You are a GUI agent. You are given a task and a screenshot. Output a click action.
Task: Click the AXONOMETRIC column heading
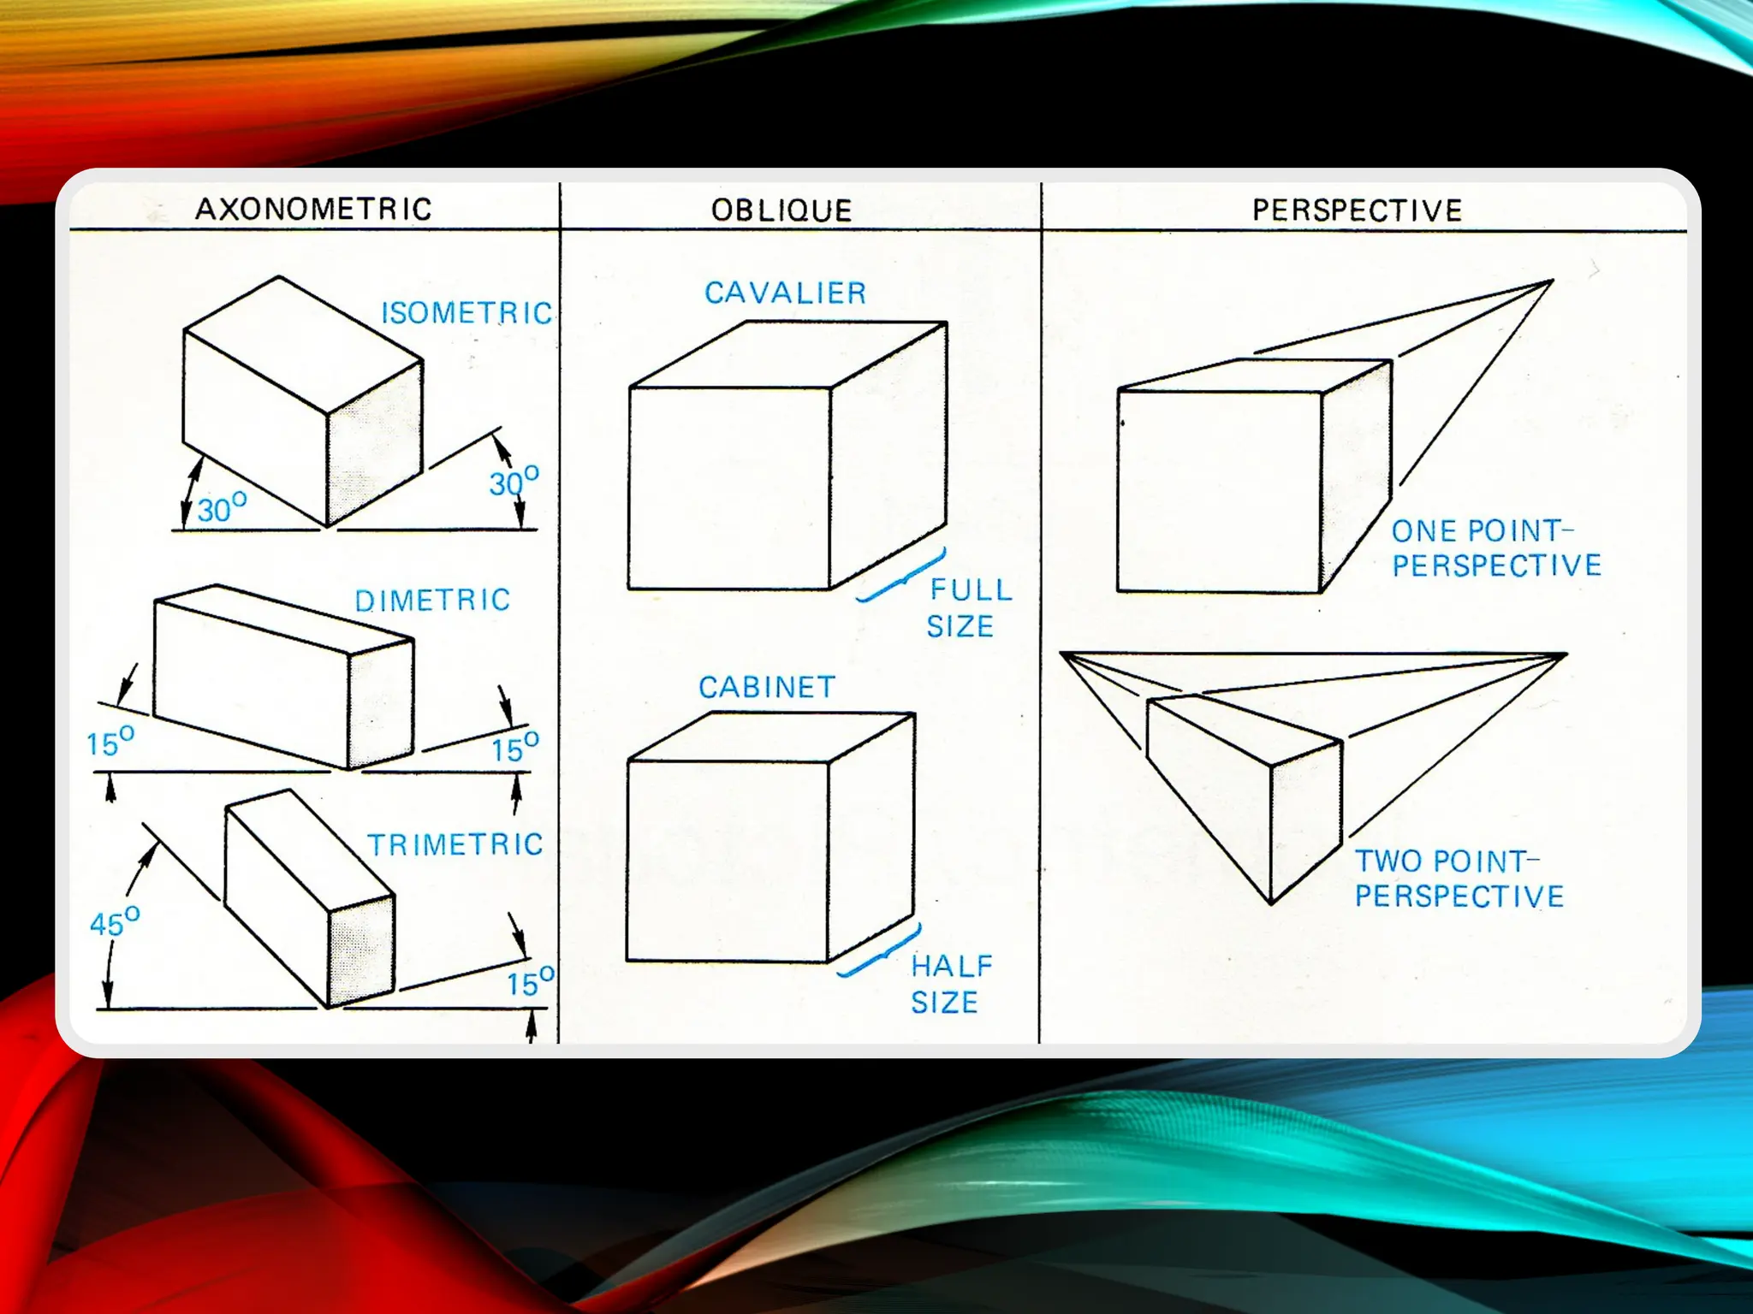313,209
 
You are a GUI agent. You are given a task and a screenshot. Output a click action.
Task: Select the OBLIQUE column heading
781,210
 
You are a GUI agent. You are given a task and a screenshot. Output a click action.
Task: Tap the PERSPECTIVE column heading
1358,210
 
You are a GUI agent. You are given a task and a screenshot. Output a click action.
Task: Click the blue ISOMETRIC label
466,313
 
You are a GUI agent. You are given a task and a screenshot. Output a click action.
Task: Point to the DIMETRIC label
432,601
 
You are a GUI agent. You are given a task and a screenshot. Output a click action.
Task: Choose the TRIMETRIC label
455,845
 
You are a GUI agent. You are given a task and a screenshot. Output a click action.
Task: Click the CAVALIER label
786,293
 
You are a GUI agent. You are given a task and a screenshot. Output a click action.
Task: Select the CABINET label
767,687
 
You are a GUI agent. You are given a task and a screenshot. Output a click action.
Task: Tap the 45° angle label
115,921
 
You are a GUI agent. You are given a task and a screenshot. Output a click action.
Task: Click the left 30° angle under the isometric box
222,507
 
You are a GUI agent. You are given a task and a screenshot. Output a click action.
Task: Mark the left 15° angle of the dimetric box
110,742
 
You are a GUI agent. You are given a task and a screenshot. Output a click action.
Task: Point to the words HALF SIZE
951,985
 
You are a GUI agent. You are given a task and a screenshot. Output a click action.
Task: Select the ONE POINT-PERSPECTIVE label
1496,548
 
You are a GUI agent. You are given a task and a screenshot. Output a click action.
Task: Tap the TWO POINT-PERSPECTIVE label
1459,879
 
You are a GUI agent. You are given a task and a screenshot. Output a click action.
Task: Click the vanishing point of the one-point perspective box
1553,281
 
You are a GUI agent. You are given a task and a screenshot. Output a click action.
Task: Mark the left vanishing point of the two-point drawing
1061,654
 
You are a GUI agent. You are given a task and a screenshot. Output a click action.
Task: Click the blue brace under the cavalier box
901,578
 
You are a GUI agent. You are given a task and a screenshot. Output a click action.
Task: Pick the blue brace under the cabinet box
879,953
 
